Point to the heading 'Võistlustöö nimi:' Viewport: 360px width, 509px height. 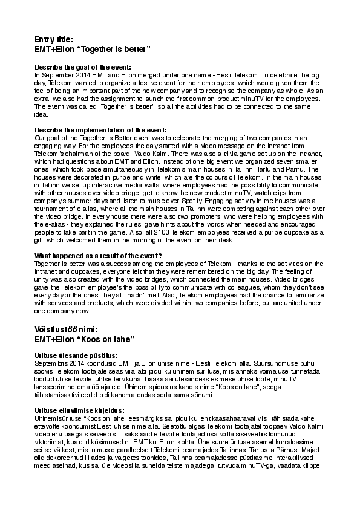tap(71, 330)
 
